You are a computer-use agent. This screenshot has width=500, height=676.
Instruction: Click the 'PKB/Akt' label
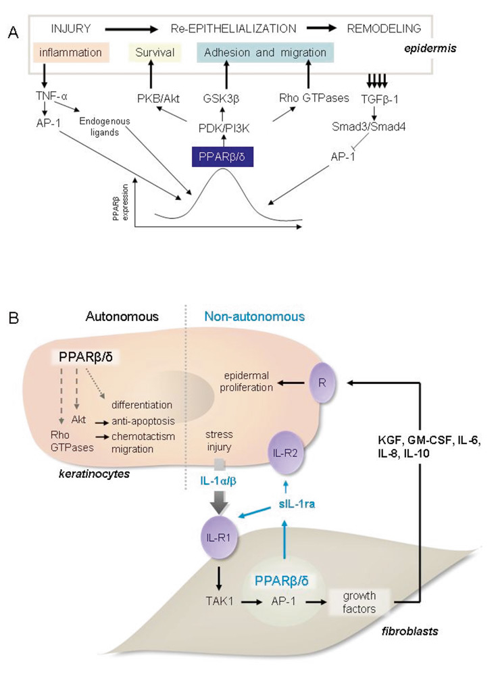pos(154,98)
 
